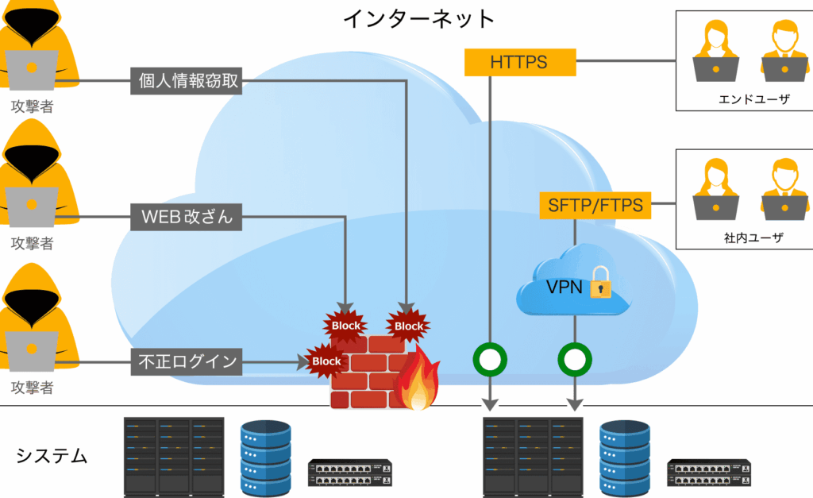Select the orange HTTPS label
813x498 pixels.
point(518,61)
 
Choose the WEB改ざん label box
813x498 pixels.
point(187,215)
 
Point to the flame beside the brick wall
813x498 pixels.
point(417,381)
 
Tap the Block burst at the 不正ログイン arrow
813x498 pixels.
point(326,361)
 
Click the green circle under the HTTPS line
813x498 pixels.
point(490,360)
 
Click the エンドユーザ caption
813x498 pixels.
point(743,100)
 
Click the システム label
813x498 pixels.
point(52,456)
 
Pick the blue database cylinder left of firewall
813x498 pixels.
point(266,456)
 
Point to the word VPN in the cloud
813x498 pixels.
point(564,287)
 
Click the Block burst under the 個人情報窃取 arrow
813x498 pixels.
point(408,326)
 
